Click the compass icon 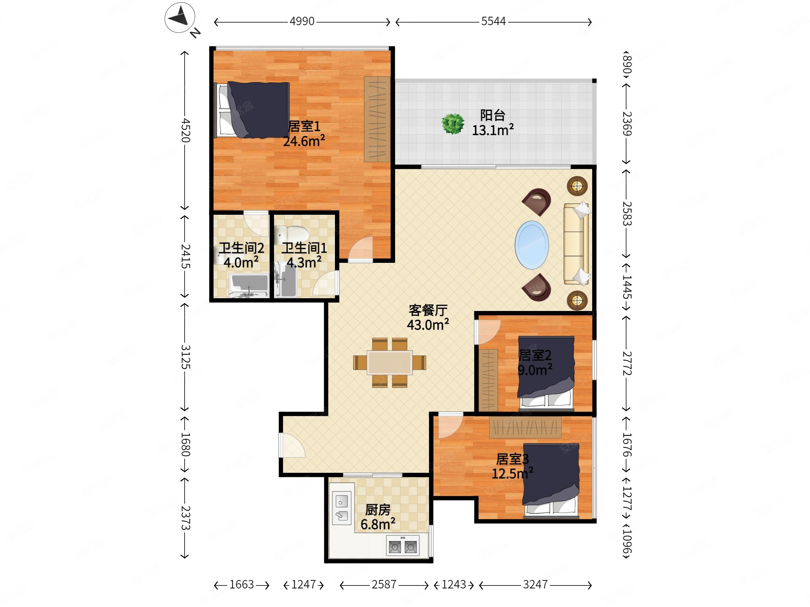coord(180,18)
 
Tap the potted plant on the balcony coord(453,124)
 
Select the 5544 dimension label coord(493,22)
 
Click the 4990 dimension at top coord(302,22)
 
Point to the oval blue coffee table coord(532,245)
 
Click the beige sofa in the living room coord(576,244)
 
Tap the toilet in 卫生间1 coord(293,233)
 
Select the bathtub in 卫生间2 coord(248,285)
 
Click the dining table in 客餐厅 coord(390,362)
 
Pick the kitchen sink coord(341,508)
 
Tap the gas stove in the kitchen coord(402,546)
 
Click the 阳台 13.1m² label coord(493,123)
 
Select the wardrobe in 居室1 coord(377,119)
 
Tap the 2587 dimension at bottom coord(384,585)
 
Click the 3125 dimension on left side coord(185,357)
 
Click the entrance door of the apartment coord(292,445)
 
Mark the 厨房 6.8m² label coord(378,517)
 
